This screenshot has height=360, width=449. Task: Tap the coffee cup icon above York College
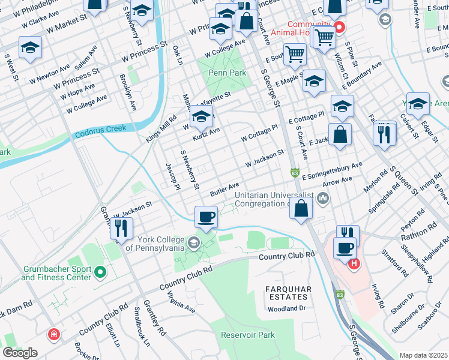[x=206, y=217]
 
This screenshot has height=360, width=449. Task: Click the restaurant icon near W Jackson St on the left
[x=122, y=227]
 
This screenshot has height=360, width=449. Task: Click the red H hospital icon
[x=354, y=262]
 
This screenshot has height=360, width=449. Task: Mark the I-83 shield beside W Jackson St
[x=294, y=173]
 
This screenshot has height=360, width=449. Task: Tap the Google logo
[x=20, y=353]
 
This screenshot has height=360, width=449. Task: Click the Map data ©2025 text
[x=423, y=355]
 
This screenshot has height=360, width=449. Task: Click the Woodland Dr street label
[x=287, y=308]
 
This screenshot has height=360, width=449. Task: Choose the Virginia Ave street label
[x=181, y=302]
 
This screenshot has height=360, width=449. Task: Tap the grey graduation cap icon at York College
[x=193, y=243]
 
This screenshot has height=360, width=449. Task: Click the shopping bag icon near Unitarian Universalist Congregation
[x=302, y=209]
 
